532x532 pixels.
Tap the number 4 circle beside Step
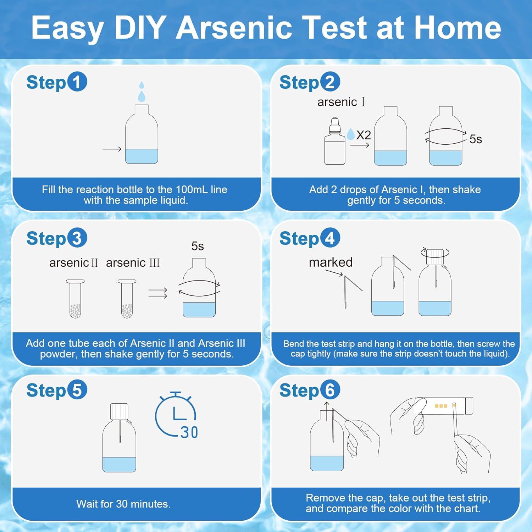[330, 238]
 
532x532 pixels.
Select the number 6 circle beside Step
[330, 390]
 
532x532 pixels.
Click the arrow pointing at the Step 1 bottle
[112, 149]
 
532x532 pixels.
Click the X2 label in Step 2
[363, 135]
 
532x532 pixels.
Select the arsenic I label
[341, 102]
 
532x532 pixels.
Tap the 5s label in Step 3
[198, 246]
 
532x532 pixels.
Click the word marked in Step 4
[331, 262]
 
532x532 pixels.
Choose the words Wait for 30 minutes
[123, 504]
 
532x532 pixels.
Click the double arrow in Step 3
[158, 293]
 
